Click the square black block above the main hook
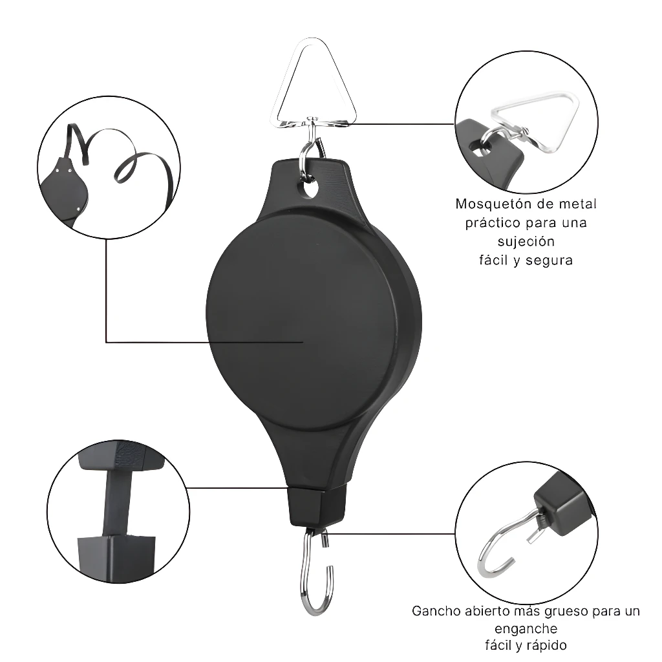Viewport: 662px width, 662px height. click(x=319, y=507)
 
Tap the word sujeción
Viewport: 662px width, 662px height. click(x=526, y=242)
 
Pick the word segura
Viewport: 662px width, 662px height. click(x=549, y=261)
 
